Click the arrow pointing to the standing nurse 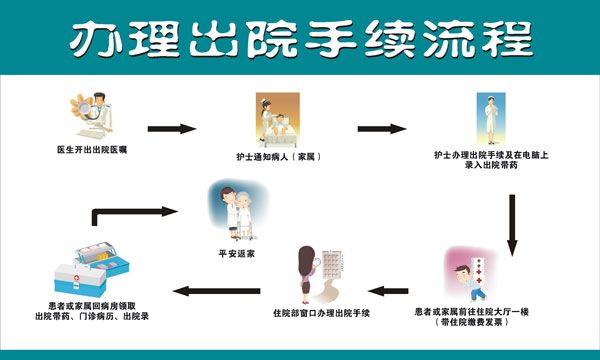click(381, 129)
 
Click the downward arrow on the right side click(513, 225)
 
